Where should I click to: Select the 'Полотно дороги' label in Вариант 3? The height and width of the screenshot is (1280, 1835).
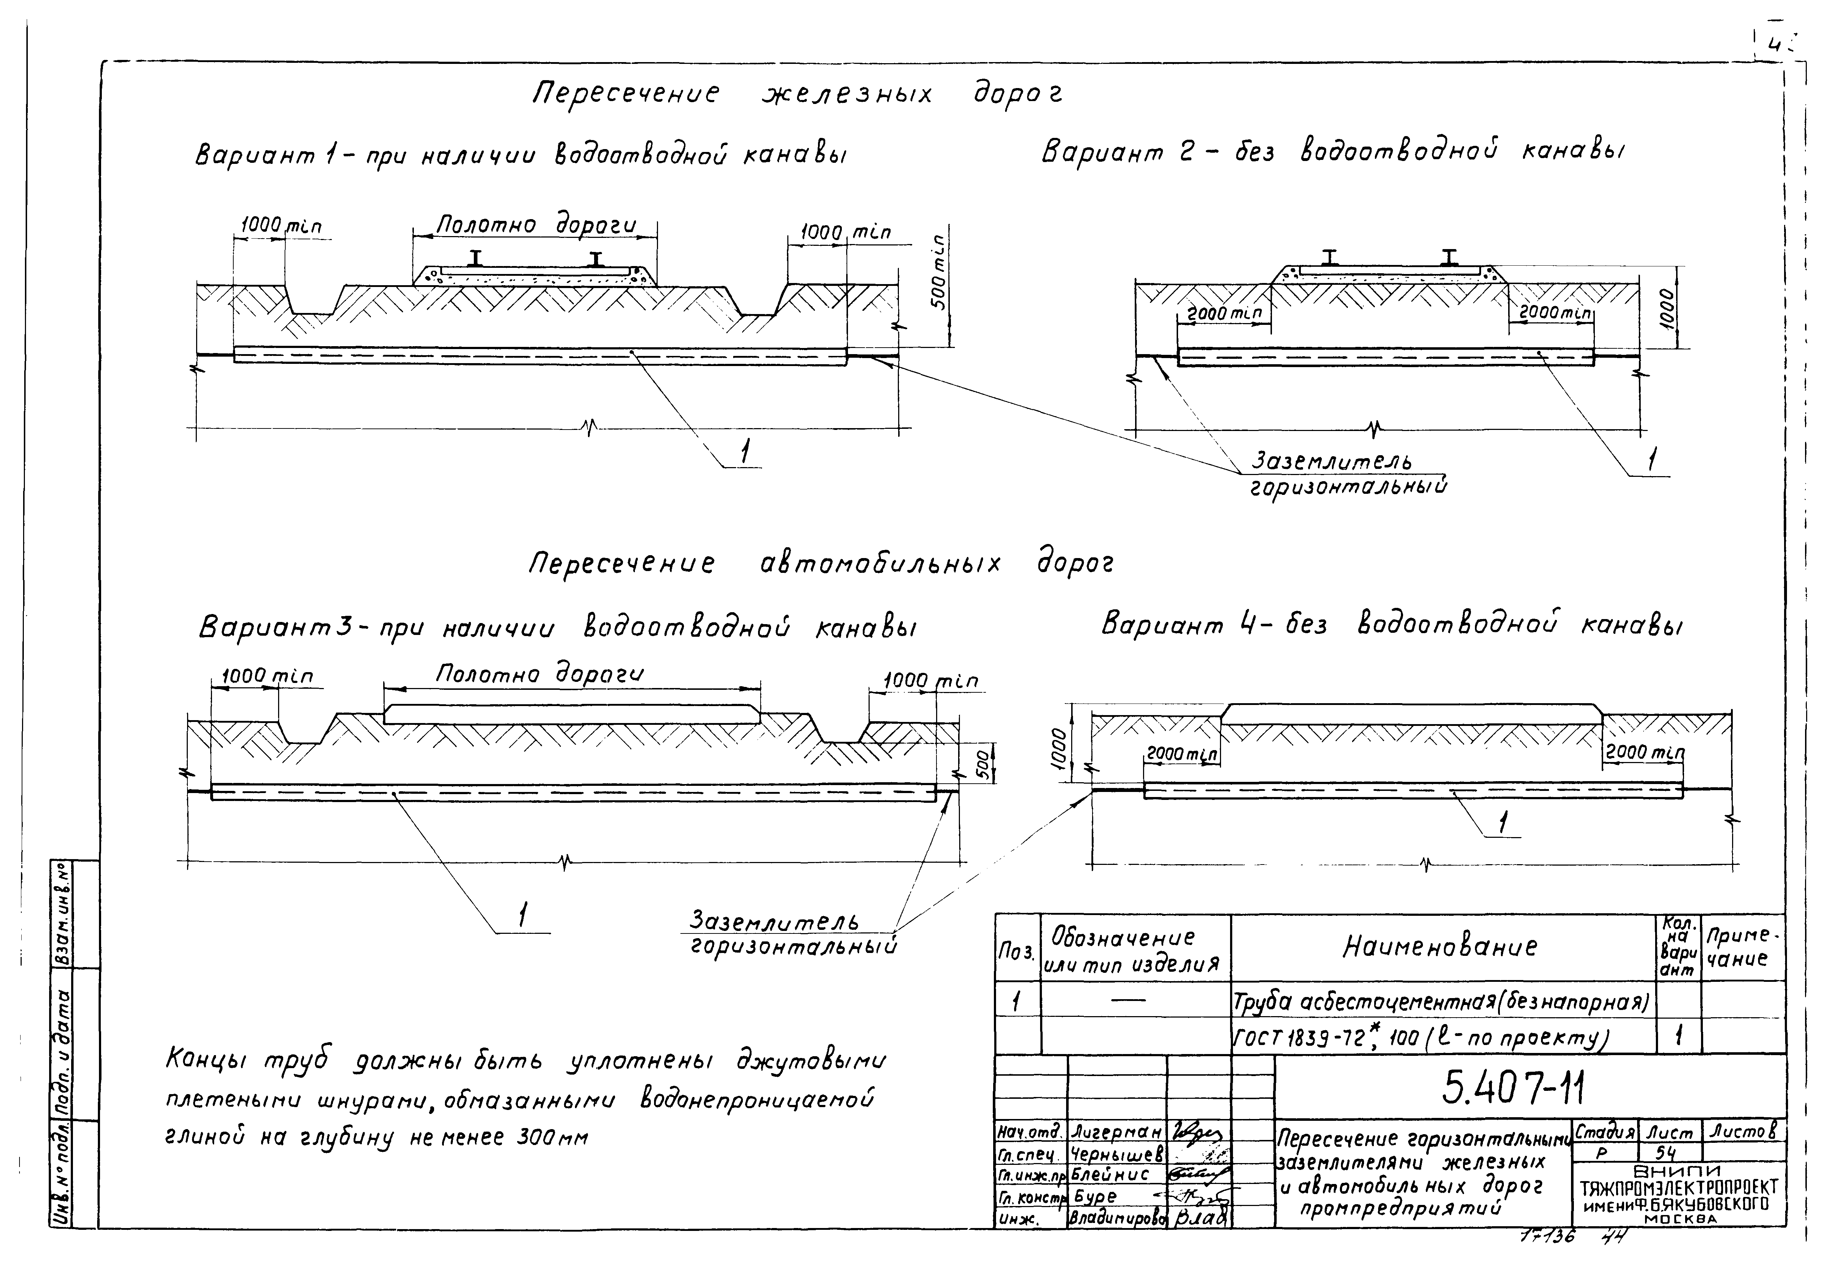[539, 675]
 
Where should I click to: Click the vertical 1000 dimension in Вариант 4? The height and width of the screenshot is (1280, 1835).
[1060, 749]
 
